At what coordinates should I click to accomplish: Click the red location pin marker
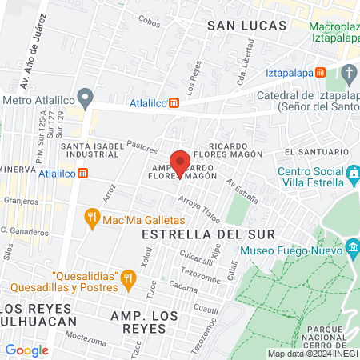[181, 162]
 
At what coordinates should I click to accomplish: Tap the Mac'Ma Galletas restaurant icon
[92, 217]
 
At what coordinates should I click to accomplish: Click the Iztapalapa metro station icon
[321, 72]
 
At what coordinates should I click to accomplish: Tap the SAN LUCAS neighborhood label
[246, 26]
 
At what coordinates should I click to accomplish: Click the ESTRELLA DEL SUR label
[207, 234]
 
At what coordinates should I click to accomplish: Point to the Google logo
[26, 350]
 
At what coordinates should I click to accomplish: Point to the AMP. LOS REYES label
[155, 316]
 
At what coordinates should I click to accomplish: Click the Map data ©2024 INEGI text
[311, 353]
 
